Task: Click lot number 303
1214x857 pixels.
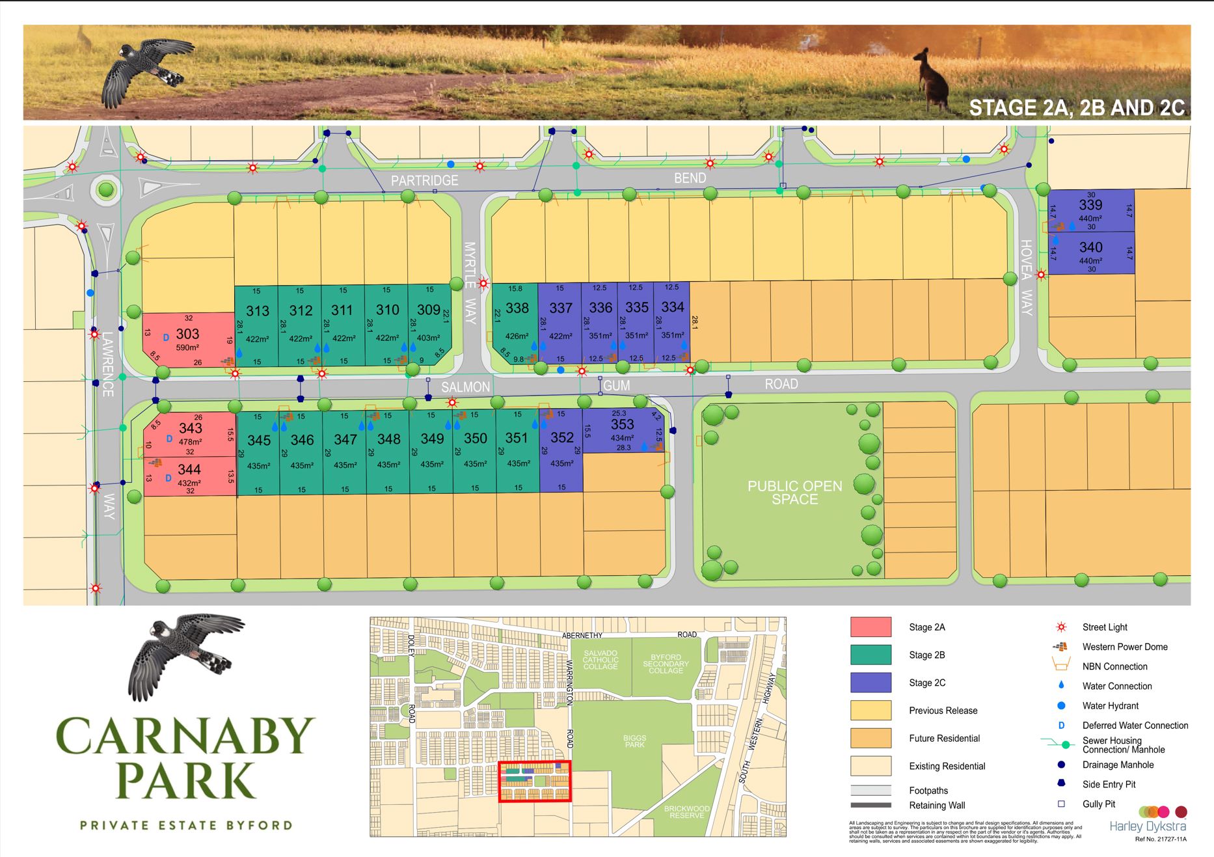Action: click(x=187, y=334)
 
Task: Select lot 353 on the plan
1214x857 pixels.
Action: click(x=622, y=424)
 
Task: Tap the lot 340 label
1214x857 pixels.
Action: click(x=1091, y=248)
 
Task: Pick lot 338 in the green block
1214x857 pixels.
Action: click(x=517, y=308)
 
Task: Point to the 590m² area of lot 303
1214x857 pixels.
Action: click(x=187, y=348)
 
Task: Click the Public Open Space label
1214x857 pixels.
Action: click(x=794, y=493)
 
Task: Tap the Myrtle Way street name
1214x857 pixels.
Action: click(x=470, y=282)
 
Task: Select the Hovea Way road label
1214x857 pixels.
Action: click(x=1026, y=277)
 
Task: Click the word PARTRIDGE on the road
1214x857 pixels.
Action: click(x=424, y=180)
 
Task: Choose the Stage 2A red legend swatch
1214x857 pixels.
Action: click(x=870, y=627)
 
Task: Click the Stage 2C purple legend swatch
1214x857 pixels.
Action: click(x=870, y=683)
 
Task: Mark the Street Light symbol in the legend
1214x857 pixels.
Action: click(x=1061, y=627)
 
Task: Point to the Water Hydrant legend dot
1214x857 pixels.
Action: click(x=1061, y=706)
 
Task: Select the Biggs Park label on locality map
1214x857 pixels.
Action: click(x=634, y=741)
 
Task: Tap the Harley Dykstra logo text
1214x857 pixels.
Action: click(x=1147, y=826)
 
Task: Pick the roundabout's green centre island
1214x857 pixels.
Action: click(x=106, y=191)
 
